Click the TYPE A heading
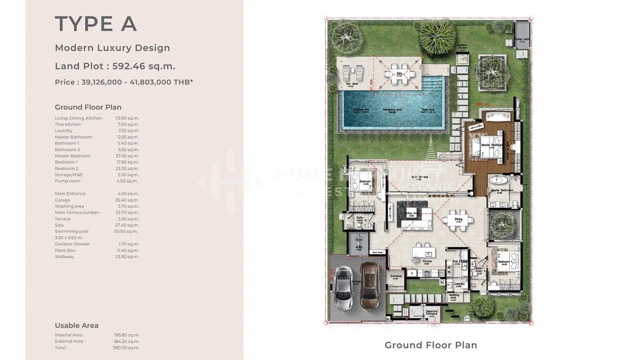pyautogui.click(x=96, y=24)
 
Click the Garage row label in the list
pyautogui.click(x=62, y=200)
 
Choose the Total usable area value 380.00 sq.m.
pyautogui.click(x=129, y=348)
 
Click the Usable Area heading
pyautogui.click(x=76, y=325)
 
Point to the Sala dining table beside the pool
pyautogui.click(x=399, y=75)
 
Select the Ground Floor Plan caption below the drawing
pyautogui.click(x=431, y=345)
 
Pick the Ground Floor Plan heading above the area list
pyautogui.click(x=88, y=107)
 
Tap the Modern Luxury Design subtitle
pyautogui.click(x=113, y=48)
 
